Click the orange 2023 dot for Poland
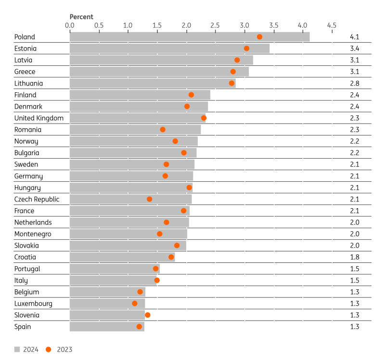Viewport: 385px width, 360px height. pos(259,37)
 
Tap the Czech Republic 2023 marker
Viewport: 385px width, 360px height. pos(149,199)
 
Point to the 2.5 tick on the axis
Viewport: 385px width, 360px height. pos(215,25)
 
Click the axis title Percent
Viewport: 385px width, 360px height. pos(81,17)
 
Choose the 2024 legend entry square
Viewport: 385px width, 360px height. pos(17,349)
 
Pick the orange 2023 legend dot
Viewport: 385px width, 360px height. pos(49,349)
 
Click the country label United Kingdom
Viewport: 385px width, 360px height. pos(39,118)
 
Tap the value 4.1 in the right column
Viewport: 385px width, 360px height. pos(355,37)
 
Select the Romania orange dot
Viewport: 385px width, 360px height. pos(163,130)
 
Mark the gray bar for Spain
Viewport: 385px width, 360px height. pos(107,327)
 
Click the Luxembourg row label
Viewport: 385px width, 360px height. pos(33,304)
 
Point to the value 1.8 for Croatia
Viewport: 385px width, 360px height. pos(355,257)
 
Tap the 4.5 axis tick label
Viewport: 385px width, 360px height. pos(331,25)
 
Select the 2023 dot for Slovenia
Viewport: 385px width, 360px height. pos(148,315)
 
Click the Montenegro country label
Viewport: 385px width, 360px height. pos(33,234)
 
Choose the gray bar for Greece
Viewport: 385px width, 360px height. pos(159,72)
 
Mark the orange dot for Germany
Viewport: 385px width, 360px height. pos(165,176)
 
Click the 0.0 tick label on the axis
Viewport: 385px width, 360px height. pos(70,25)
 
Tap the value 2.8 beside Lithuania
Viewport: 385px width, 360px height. pos(355,83)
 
